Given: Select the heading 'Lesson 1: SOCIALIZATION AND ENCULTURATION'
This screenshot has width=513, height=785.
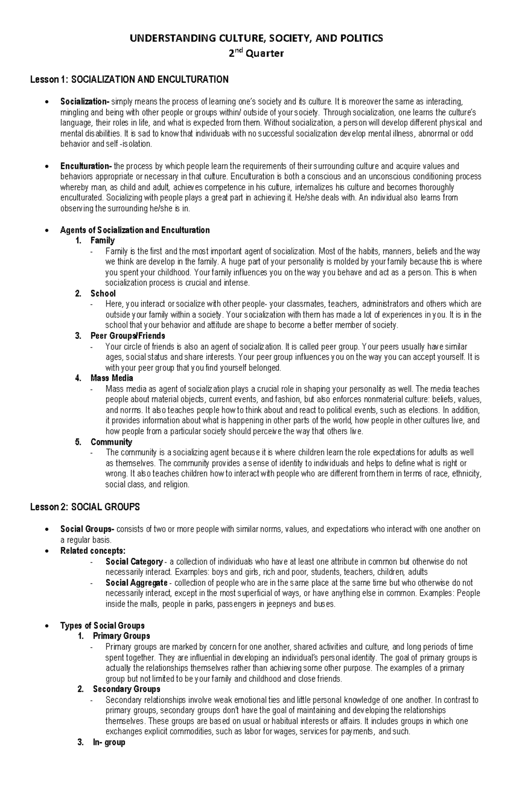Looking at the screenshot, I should [x=129, y=80].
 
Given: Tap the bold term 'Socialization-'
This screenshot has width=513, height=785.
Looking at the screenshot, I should [x=85, y=102].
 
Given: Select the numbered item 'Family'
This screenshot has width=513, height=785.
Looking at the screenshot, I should [x=102, y=240].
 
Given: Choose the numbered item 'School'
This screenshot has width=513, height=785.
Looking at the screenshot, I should [x=103, y=293].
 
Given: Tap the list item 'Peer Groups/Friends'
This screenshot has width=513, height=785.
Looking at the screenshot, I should [x=127, y=336].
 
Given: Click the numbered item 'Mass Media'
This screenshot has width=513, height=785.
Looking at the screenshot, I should [x=112, y=378].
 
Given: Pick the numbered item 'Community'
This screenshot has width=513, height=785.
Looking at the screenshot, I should [x=111, y=442].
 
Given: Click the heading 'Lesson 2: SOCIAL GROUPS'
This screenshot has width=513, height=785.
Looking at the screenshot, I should [x=85, y=507].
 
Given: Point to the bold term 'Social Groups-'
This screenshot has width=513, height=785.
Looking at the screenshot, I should [x=87, y=529].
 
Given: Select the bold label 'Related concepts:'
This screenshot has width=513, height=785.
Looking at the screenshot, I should [x=93, y=551].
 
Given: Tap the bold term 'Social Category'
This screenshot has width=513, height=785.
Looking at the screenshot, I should [x=134, y=562].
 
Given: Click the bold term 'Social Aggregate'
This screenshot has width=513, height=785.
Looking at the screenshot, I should [x=136, y=583].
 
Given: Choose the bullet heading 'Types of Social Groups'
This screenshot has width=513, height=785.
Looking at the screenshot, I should [x=102, y=625].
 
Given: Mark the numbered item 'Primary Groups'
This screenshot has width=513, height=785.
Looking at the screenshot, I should [x=121, y=636].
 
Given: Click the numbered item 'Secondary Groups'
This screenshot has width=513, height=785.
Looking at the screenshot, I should [x=126, y=689].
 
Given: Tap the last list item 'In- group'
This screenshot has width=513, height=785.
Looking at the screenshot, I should [x=109, y=742].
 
